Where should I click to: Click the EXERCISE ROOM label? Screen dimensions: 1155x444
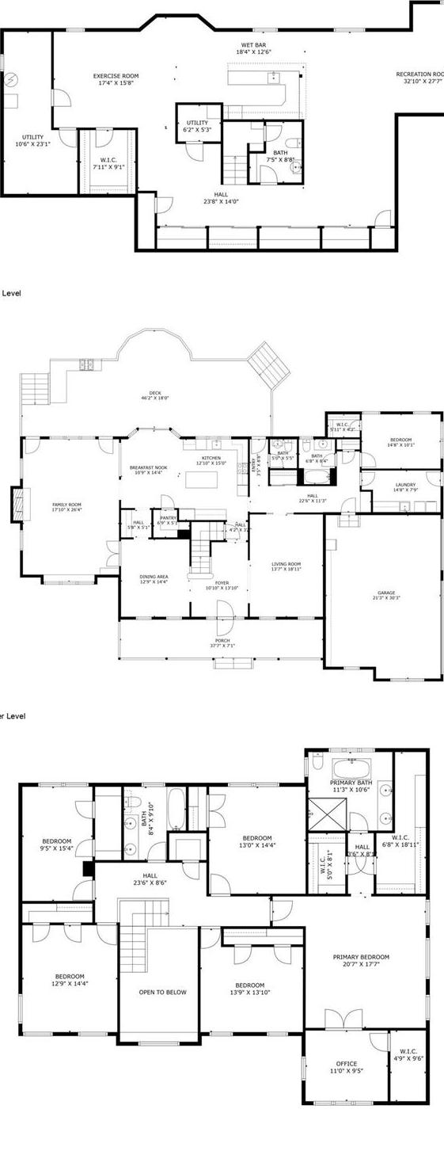click(116, 77)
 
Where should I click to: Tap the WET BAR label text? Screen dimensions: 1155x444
click(253, 45)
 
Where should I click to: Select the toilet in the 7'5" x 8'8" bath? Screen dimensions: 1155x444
click(290, 143)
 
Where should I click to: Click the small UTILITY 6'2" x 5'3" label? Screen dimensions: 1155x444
click(197, 123)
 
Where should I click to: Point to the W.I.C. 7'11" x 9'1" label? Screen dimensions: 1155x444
click(104, 161)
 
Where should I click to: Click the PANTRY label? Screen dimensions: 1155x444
click(166, 518)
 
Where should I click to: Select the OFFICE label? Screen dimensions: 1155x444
click(346, 1064)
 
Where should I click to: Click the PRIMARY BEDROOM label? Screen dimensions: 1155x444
click(361, 957)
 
